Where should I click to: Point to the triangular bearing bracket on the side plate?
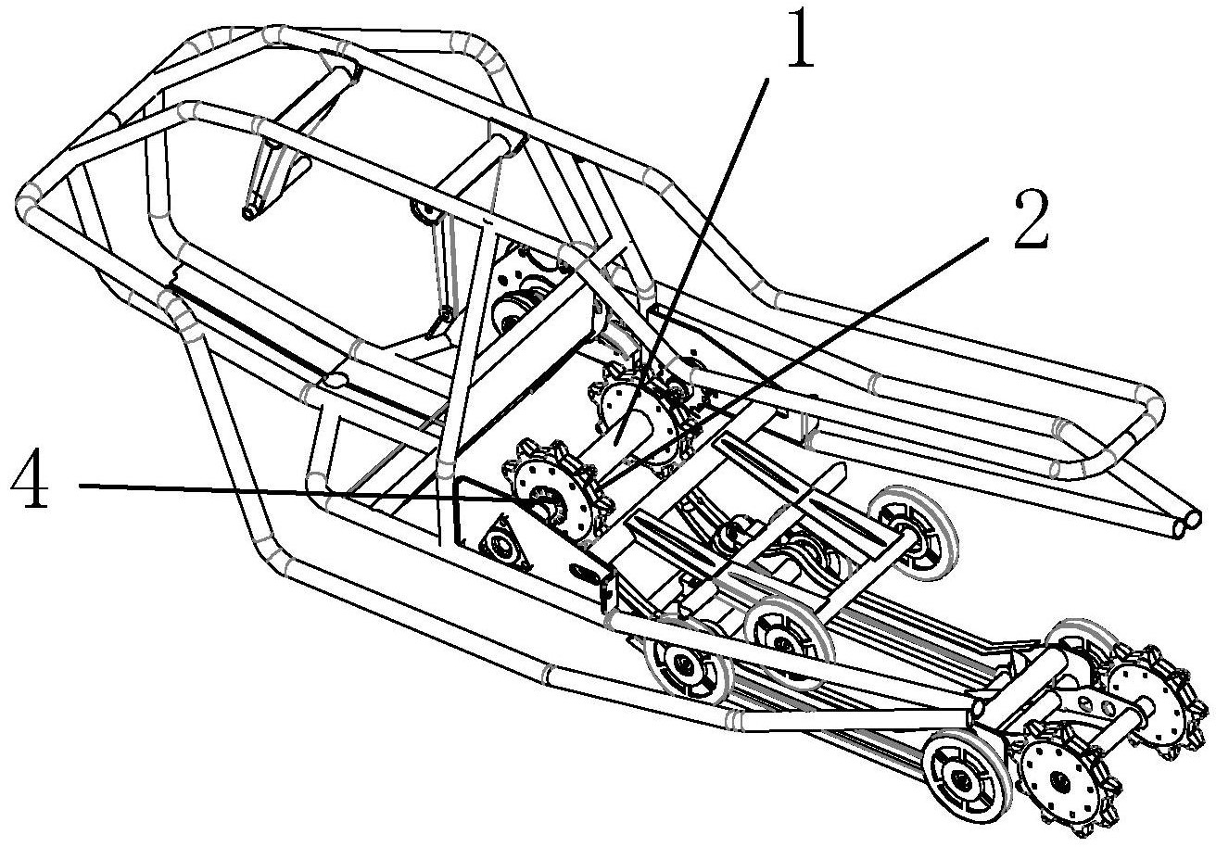pos(505,542)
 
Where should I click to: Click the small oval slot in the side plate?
pos(585,571)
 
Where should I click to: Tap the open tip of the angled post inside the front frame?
pos(248,213)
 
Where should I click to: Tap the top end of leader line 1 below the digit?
pos(767,80)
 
